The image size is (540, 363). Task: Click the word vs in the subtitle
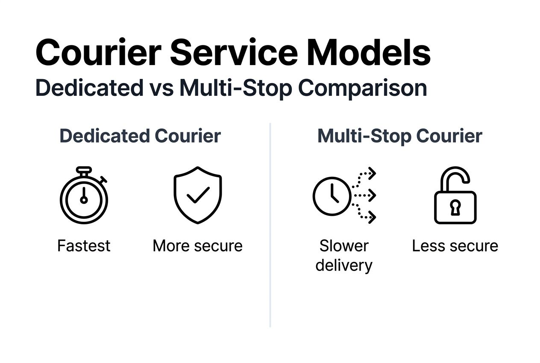(161, 88)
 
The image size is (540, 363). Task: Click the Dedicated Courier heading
(140, 136)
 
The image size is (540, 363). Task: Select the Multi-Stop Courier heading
(400, 136)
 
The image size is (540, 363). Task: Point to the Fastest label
(84, 246)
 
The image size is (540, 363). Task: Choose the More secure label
(197, 246)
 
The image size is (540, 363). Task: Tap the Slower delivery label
(344, 255)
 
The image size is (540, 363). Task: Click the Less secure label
(455, 246)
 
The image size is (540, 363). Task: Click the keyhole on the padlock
(455, 208)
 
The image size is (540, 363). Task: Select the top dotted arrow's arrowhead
(372, 173)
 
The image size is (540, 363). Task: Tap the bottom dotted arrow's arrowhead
(372, 217)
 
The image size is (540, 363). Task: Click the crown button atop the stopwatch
(84, 170)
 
